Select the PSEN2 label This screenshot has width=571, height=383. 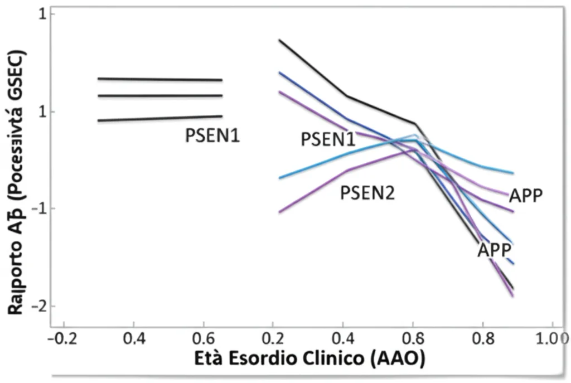click(367, 193)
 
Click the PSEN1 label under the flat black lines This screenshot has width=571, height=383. click(212, 135)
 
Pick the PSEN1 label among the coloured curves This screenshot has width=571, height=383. click(328, 139)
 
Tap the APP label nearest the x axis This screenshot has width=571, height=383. click(494, 250)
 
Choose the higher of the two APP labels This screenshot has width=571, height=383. click(526, 196)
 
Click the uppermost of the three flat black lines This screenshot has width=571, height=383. click(159, 79)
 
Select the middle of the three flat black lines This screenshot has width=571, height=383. click(159, 96)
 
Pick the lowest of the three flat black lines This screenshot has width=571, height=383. click(159, 118)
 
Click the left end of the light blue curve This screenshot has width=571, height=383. click(279, 178)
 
